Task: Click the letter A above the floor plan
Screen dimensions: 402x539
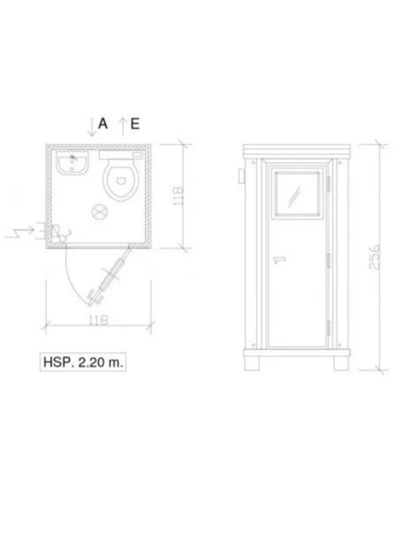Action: [x=103, y=123]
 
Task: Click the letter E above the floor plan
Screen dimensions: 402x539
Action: [x=135, y=123]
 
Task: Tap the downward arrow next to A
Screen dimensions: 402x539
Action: [x=92, y=127]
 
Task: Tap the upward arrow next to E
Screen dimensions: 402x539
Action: [x=123, y=127]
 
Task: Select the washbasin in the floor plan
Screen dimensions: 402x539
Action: [x=73, y=163]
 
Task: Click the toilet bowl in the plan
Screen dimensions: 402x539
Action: [x=121, y=180]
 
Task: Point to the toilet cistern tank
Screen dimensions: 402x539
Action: [x=121, y=155]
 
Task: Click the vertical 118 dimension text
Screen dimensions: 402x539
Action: [x=178, y=196]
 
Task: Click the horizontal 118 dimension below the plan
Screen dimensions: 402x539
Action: [x=98, y=320]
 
